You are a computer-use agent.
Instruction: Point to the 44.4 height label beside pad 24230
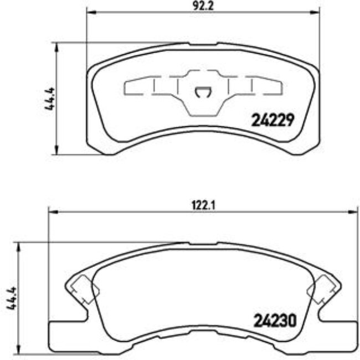click(11, 299)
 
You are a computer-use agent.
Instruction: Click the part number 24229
click(272, 119)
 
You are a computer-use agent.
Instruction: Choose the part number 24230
click(275, 320)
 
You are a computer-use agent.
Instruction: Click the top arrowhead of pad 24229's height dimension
click(56, 45)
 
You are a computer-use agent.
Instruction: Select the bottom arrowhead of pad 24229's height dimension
click(56, 151)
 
